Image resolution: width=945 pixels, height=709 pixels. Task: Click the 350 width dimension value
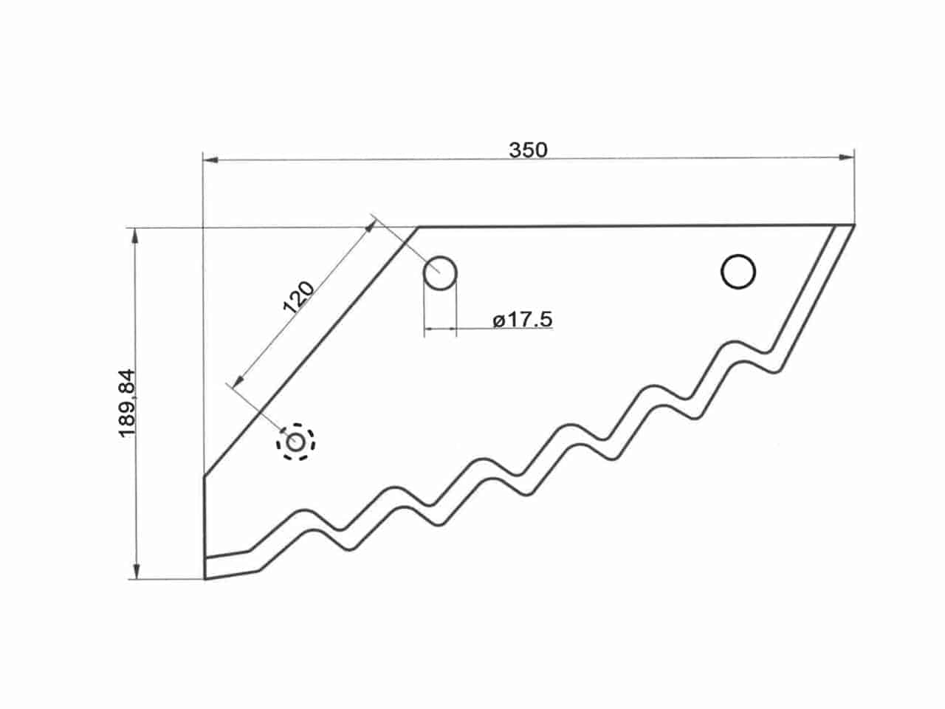pos(529,150)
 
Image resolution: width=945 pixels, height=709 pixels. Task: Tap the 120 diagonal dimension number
pos(298,297)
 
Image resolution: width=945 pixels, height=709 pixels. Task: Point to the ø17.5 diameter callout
pos(522,320)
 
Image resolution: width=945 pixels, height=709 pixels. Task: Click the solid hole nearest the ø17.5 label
pos(439,273)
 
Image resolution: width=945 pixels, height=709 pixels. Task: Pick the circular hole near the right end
pos(738,272)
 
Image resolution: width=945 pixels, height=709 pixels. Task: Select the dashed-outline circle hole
pos(295,442)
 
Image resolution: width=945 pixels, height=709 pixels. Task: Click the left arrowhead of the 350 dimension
pos(210,160)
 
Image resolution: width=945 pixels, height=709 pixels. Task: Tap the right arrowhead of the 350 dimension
pos(846,157)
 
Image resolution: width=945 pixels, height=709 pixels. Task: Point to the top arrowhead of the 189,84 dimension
pos(135,236)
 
